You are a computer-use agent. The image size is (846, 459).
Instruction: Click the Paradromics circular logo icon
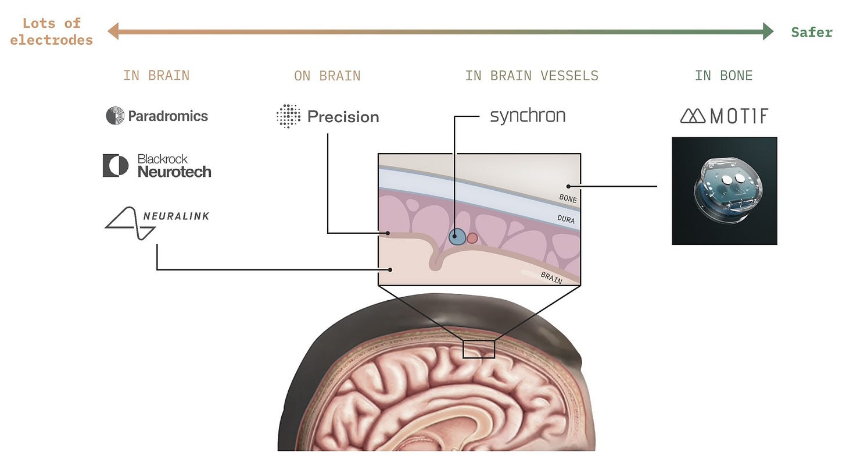tap(115, 116)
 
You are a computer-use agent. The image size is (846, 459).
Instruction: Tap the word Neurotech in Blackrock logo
tap(174, 172)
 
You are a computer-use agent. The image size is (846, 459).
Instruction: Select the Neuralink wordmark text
tap(175, 216)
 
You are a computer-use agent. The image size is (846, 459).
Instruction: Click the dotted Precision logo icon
tap(288, 116)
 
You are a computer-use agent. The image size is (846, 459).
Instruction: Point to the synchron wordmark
tap(528, 116)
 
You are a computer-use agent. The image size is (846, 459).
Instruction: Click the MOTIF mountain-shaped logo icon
tap(692, 116)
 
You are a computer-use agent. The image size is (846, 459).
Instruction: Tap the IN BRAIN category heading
tap(156, 76)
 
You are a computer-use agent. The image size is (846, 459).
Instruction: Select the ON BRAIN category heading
tap(327, 76)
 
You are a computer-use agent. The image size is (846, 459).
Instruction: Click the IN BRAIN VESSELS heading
tap(532, 76)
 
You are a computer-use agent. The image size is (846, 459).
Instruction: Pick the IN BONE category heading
tap(723, 76)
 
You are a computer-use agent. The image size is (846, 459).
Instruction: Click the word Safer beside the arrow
tap(812, 32)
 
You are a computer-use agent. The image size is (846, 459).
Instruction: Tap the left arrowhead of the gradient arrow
tap(113, 31)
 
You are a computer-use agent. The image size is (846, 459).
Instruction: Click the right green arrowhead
tap(768, 31)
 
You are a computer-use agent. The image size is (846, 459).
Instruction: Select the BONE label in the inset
tap(568, 199)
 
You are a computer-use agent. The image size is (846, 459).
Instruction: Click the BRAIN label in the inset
tap(551, 277)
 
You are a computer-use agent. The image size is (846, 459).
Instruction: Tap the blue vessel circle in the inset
tap(458, 236)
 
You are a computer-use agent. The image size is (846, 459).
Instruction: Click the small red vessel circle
tap(472, 238)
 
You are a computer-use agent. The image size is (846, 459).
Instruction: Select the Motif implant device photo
tap(724, 191)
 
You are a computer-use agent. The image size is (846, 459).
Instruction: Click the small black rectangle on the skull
tap(478, 349)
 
